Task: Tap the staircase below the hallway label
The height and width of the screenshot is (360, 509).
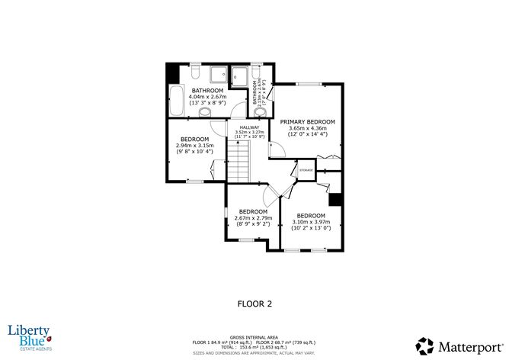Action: [241, 165]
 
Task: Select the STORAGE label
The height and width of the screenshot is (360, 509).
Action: [306, 170]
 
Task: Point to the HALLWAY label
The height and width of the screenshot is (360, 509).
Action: [249, 127]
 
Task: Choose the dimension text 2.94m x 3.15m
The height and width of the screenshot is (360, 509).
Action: [194, 145]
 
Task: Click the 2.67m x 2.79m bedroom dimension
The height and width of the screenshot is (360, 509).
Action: [253, 218]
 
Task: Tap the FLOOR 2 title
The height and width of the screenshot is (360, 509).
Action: [254, 304]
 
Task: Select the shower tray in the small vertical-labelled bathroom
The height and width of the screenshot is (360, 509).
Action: [239, 76]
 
